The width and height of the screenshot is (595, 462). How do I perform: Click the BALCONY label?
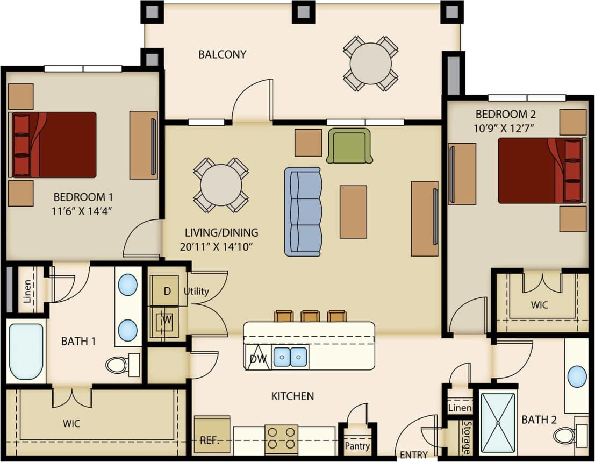pyautogui.click(x=222, y=54)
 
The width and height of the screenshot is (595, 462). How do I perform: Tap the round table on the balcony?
pyautogui.click(x=370, y=63)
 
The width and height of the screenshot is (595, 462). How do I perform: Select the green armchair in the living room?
pyautogui.click(x=349, y=145)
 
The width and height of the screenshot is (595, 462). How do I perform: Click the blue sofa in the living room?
pyautogui.click(x=303, y=211)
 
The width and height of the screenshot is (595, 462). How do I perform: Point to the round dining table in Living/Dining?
pyautogui.click(x=221, y=185)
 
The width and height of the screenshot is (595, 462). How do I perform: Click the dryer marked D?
pyautogui.click(x=167, y=291)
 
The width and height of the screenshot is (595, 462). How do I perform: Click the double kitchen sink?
pyautogui.click(x=290, y=357)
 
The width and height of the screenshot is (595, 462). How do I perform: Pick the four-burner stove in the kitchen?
pyautogui.click(x=281, y=437)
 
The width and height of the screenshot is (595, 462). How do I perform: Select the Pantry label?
pyautogui.click(x=357, y=446)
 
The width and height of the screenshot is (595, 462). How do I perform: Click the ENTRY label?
pyautogui.click(x=413, y=455)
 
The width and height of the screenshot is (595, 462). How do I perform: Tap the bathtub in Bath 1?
pyautogui.click(x=26, y=352)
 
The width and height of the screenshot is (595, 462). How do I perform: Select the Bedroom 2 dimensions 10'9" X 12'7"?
pyautogui.click(x=505, y=128)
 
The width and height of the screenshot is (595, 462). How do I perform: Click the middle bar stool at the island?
pyautogui.click(x=310, y=316)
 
